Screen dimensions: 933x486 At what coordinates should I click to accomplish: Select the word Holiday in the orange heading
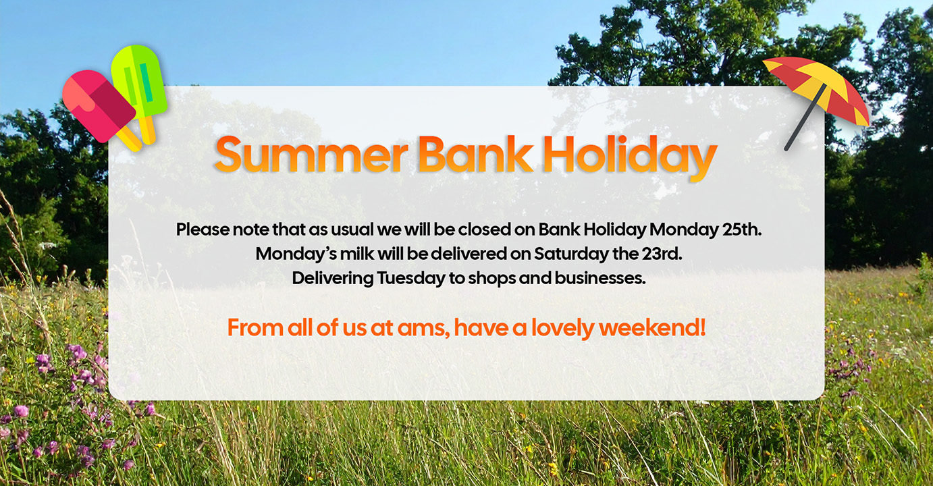[630, 157]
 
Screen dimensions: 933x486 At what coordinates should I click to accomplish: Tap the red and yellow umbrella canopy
[818, 90]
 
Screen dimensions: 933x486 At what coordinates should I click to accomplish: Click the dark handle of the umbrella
[804, 119]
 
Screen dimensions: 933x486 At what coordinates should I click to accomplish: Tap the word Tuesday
[410, 279]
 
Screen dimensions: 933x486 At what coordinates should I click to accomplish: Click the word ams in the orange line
[423, 328]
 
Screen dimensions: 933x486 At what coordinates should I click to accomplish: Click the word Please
[203, 230]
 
